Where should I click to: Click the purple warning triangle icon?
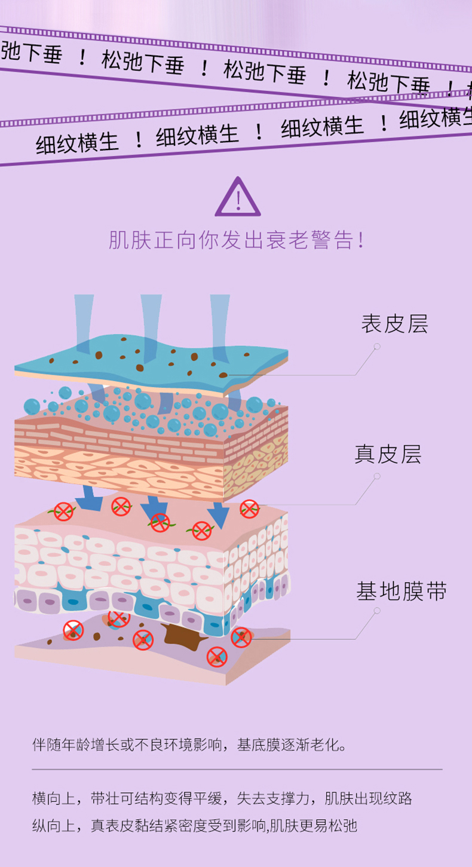238,198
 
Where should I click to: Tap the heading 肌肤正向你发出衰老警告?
237,240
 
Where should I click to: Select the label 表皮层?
394,324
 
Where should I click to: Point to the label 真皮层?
388,454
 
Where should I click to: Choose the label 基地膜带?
401,592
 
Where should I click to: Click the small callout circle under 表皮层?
377,347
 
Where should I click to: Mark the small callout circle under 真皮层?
377,476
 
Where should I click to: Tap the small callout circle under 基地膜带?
377,611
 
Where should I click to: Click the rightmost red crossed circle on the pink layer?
249,509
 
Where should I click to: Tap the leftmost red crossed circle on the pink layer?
63,511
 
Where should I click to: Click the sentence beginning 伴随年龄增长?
190,745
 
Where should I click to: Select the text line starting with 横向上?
222,798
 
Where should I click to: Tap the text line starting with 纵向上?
195,826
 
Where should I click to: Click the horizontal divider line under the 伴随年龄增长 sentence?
237,770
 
